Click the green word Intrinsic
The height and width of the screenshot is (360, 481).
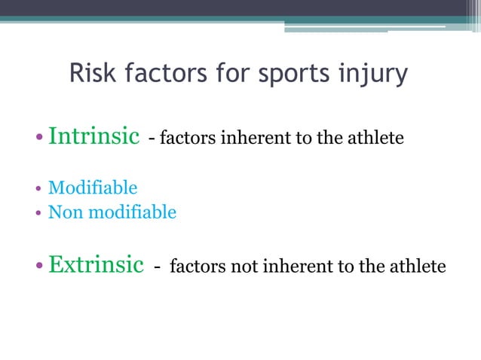[93, 136]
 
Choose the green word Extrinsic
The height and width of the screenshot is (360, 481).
[96, 265]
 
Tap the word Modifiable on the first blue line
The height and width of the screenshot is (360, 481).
[93, 188]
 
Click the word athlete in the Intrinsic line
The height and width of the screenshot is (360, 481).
[378, 139]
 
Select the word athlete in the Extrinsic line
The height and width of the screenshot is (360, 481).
[419, 267]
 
